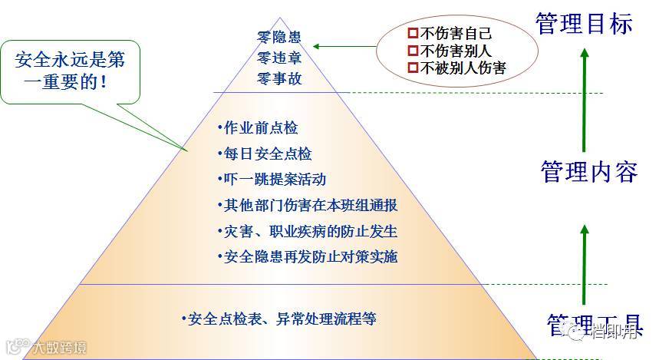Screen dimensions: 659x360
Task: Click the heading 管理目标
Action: point(585,23)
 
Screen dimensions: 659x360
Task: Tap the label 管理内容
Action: point(588,171)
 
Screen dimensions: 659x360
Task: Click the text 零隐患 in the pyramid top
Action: point(279,35)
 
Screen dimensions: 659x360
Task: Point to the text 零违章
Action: point(279,57)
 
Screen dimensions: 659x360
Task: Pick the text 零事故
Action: point(279,78)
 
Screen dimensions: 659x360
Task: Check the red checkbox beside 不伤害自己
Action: point(412,34)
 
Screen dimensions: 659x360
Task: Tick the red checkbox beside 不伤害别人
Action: point(412,51)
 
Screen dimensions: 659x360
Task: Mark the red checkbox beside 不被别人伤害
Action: point(412,68)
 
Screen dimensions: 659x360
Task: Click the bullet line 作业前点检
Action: point(257,128)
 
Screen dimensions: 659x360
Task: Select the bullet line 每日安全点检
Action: point(264,154)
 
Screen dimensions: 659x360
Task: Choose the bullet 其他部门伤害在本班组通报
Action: point(307,205)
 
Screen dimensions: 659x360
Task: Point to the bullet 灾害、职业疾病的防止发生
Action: point(307,231)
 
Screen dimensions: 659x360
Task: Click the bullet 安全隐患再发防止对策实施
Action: point(307,256)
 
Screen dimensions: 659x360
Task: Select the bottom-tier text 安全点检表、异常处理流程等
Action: point(278,319)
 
